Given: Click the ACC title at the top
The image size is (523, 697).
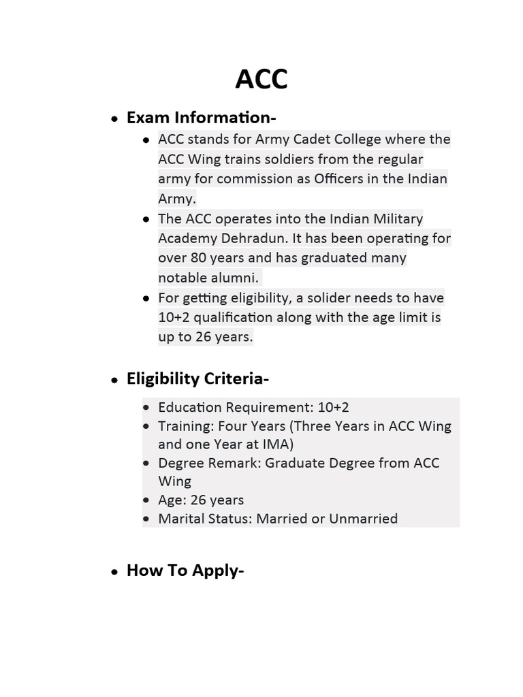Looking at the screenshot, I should (x=261, y=80).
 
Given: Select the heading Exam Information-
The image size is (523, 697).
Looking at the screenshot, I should (x=201, y=118).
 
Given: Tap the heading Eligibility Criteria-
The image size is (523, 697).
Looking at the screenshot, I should (x=197, y=379).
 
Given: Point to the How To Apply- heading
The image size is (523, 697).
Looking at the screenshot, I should (x=185, y=551).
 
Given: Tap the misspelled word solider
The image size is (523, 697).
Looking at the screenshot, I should (x=335, y=298).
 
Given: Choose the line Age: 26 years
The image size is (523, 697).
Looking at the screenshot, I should (x=200, y=500).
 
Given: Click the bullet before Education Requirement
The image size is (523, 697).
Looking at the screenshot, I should (x=146, y=408).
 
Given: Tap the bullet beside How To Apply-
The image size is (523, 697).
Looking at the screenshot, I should (x=115, y=553).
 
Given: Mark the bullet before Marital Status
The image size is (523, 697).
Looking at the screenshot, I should (x=146, y=519).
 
